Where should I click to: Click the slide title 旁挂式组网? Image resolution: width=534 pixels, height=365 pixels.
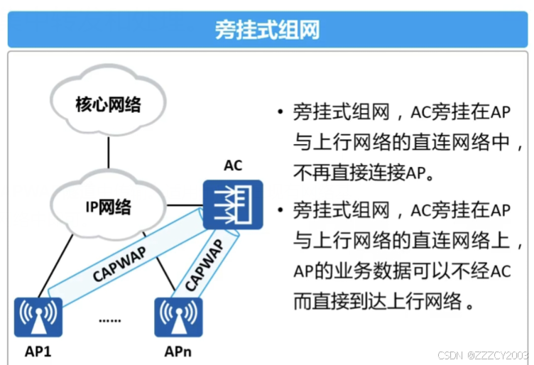(267, 30)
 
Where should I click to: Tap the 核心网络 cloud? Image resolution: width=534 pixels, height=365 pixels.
(108, 106)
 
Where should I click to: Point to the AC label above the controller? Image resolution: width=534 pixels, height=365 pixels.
(232, 166)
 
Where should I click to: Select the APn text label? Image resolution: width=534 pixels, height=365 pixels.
(177, 352)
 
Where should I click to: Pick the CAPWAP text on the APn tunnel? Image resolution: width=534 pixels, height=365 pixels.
(204, 266)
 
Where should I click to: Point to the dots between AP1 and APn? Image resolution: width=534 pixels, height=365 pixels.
(109, 320)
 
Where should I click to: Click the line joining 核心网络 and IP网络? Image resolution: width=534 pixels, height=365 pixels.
(108, 155)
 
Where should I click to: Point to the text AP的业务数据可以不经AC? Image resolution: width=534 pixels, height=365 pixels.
(401, 271)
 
